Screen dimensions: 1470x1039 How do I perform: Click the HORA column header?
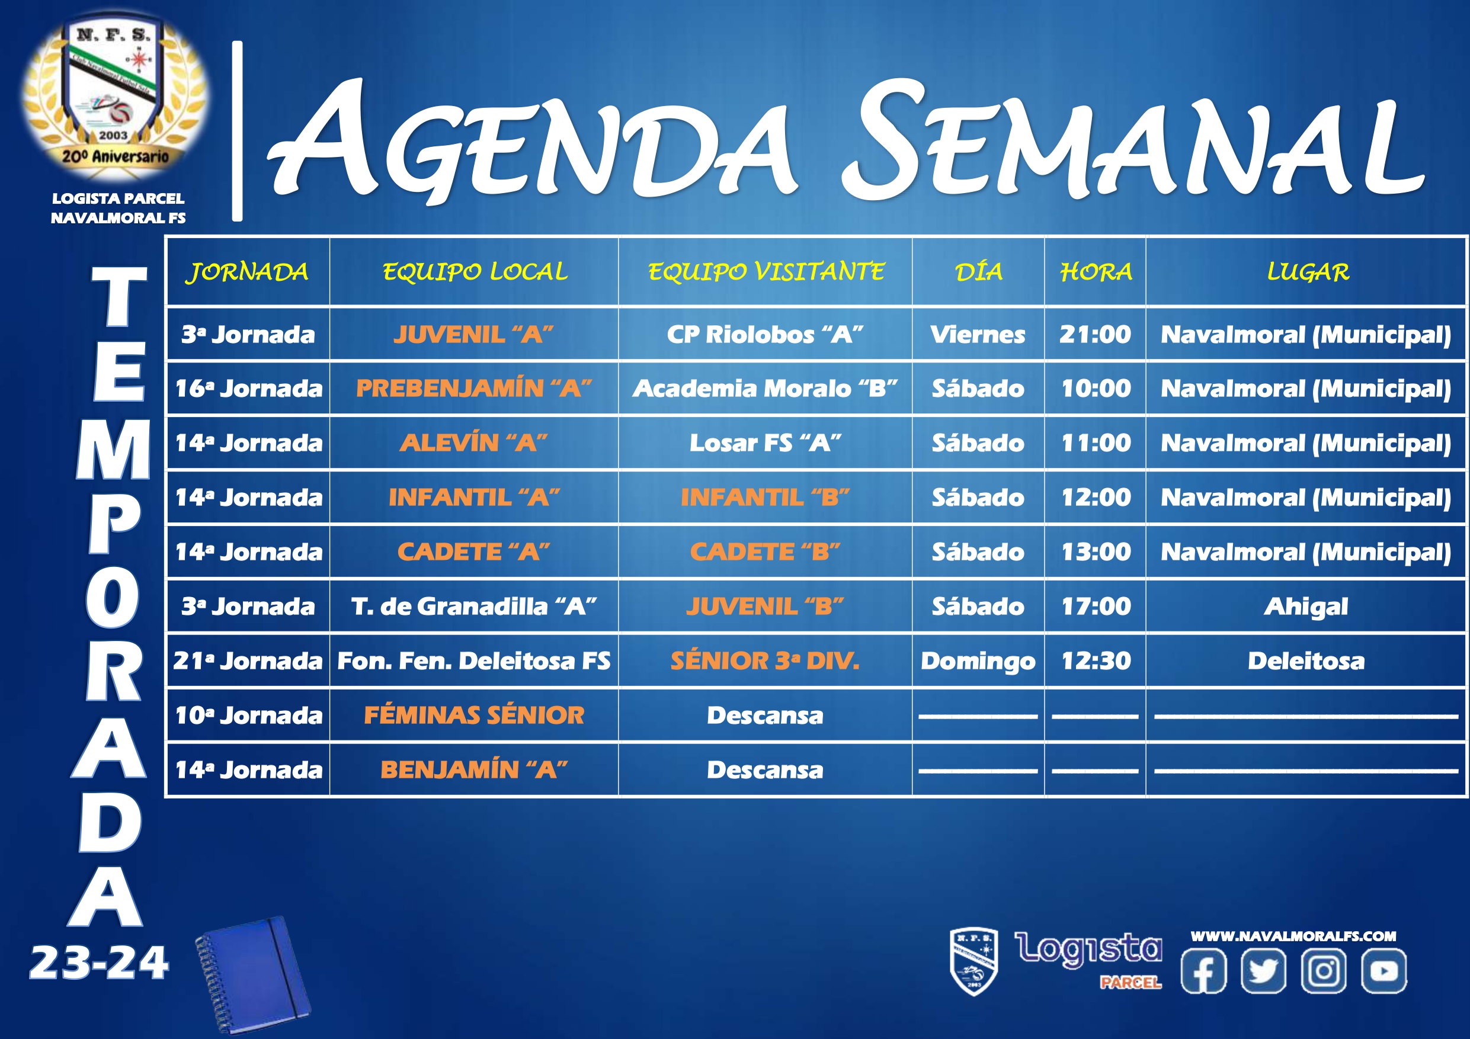coord(1096,272)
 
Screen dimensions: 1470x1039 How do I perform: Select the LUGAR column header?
coord(1308,272)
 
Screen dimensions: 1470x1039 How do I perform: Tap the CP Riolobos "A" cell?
coord(765,334)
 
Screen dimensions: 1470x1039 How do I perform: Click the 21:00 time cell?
coord(1095,334)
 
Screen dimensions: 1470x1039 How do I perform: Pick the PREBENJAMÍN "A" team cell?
coord(474,388)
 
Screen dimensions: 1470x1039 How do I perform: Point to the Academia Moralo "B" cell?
coord(765,388)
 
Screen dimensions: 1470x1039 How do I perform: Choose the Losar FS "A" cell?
coord(765,442)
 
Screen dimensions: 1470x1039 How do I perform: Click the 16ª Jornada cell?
coord(248,388)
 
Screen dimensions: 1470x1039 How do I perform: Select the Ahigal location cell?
coord(1306,606)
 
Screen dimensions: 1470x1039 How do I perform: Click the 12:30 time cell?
coord(1096,660)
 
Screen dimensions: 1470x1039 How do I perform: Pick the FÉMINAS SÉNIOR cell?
coord(474,715)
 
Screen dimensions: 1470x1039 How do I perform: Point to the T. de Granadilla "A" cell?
coord(474,606)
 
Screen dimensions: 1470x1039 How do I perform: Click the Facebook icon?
coord(1203,970)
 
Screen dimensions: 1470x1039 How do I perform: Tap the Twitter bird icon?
coord(1263,970)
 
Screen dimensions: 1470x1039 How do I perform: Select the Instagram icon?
coord(1324,970)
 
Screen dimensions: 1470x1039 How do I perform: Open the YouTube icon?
coord(1383,970)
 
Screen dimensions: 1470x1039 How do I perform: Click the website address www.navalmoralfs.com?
coord(1293,936)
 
